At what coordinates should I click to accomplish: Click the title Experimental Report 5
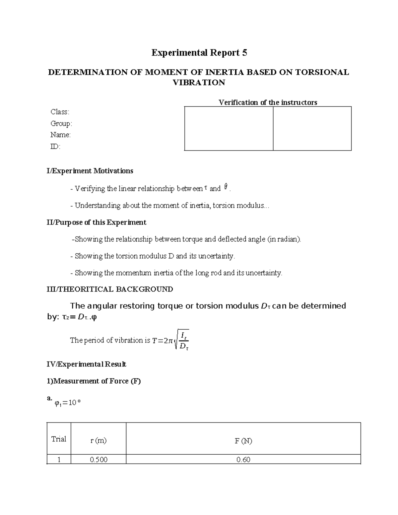[199, 53]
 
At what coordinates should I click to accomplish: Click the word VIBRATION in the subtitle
[199, 83]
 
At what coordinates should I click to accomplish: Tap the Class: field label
[60, 112]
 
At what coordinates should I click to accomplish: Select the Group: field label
[61, 123]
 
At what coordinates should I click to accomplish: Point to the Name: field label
[60, 135]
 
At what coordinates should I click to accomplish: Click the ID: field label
[55, 146]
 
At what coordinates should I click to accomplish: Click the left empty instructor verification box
[229, 128]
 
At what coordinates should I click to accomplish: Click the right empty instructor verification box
[312, 128]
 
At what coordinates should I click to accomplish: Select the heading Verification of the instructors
[268, 102]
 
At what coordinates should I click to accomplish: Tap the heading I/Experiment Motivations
[90, 171]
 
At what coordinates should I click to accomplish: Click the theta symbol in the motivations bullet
[226, 187]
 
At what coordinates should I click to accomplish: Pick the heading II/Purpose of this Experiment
[96, 222]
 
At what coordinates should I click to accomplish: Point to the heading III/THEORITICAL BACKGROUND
[110, 289]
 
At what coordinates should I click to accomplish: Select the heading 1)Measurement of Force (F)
[94, 381]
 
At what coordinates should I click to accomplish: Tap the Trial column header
[59, 439]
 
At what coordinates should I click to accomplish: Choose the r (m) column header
[99, 440]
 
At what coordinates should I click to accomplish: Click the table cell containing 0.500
[99, 460]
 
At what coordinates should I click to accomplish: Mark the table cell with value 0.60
[243, 460]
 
